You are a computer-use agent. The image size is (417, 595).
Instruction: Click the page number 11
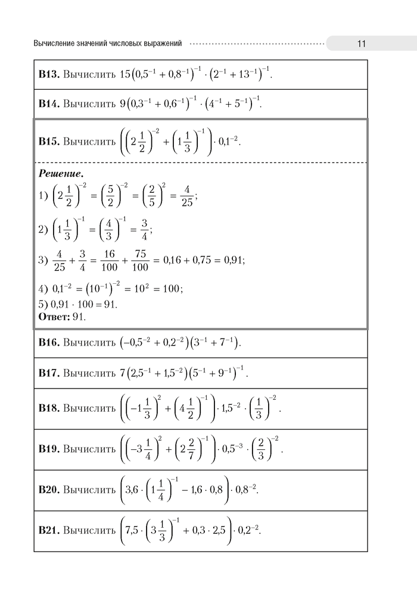pos(361,43)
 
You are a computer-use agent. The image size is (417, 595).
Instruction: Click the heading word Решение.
pos(61,174)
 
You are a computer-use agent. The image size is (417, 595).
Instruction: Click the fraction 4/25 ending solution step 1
pos(185,196)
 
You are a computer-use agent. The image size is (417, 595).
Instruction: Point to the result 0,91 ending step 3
pos(234,260)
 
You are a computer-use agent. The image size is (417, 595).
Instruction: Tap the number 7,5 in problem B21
pos(134,530)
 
